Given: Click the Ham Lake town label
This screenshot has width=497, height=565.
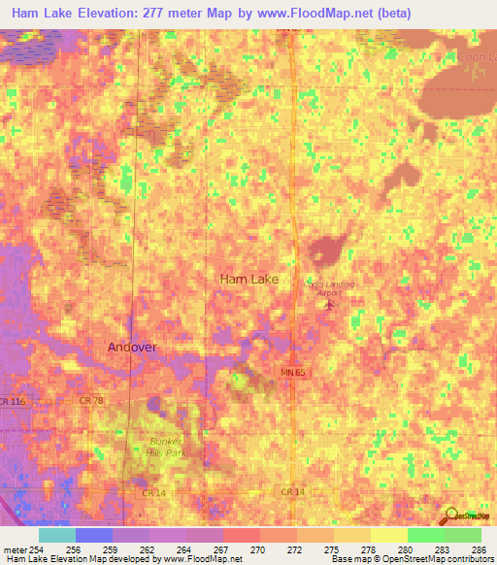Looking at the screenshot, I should [248, 279].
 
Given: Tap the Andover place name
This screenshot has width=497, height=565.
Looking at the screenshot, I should [131, 347].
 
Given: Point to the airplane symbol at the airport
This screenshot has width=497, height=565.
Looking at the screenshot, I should [328, 306].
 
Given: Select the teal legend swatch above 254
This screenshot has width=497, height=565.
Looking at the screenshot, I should [56, 535].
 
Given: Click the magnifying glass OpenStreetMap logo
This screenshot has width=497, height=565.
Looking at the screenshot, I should [452, 516].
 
